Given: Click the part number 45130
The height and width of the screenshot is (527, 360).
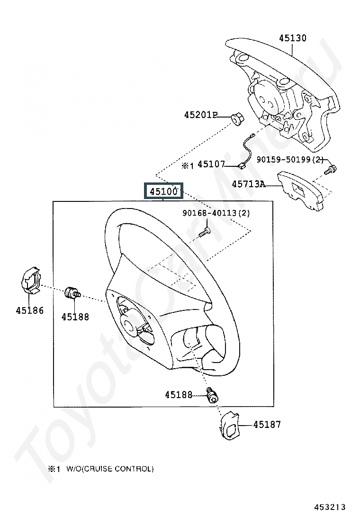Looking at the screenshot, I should click(292, 38).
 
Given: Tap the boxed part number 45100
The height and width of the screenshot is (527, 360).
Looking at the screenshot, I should click(163, 192).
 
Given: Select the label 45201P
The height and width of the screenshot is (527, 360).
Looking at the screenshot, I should click(200, 115).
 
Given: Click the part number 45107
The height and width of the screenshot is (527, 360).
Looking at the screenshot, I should click(211, 164).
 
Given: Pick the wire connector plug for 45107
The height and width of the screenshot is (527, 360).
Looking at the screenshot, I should click(242, 166).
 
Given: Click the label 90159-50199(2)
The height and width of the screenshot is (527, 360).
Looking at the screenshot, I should click(289, 160).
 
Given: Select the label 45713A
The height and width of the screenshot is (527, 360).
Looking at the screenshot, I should click(248, 184).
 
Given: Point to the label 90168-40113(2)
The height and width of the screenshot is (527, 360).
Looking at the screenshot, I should click(216, 213).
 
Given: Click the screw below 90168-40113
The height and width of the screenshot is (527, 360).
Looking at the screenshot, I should click(204, 232).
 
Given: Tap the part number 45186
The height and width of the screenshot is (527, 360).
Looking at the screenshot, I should click(29, 310).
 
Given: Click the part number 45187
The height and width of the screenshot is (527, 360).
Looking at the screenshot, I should click(267, 425).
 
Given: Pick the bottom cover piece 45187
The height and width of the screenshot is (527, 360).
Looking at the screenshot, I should click(229, 426).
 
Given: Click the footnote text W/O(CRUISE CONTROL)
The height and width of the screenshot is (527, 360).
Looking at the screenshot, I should click(110, 469).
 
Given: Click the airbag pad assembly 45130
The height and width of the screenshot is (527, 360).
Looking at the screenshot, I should click(284, 90).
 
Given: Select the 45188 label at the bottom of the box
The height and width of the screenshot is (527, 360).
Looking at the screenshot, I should click(179, 394).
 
